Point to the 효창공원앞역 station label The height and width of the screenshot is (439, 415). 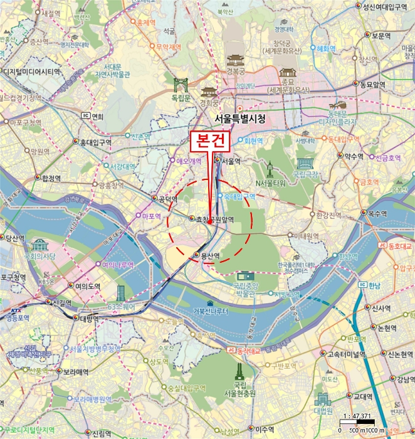click(214, 219)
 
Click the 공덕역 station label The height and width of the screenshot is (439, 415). click(167, 199)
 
